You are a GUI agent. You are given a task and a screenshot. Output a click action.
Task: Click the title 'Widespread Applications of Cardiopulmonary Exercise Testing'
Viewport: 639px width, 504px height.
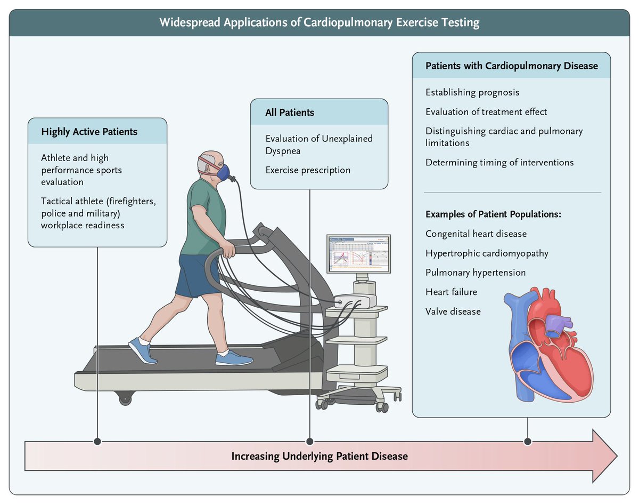[319, 22]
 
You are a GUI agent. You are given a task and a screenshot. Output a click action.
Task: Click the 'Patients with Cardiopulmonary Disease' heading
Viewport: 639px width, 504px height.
[511, 66]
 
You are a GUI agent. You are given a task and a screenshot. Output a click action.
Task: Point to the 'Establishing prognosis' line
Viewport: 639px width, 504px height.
[472, 92]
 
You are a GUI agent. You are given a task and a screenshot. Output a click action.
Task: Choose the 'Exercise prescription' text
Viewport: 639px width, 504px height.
[308, 170]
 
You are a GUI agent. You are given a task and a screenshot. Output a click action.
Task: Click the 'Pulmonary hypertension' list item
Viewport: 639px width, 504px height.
[475, 273]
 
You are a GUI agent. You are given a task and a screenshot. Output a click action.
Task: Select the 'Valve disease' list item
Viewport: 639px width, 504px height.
[453, 311]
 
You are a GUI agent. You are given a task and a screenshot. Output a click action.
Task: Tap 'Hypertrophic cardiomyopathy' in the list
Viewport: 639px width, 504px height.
[486, 253]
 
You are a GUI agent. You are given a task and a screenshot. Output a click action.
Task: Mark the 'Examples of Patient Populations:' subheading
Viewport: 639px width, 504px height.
[494, 214]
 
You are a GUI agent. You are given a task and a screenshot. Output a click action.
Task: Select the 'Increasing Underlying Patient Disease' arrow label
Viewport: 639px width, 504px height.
[319, 457]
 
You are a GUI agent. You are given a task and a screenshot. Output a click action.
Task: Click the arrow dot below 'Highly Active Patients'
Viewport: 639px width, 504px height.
[97, 442]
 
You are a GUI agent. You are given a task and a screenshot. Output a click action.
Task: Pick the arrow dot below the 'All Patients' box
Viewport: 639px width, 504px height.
[310, 442]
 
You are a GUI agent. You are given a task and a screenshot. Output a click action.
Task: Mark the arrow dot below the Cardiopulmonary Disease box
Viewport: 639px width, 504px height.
[527, 442]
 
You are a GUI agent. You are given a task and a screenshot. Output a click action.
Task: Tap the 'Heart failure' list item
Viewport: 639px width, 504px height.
[451, 292]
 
